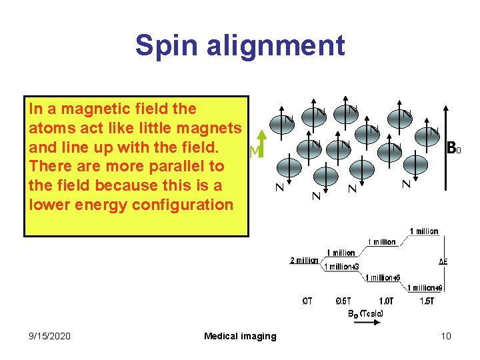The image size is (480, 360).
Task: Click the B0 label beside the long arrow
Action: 454,147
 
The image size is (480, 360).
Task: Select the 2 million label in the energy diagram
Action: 304,260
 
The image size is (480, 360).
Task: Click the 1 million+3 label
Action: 343,267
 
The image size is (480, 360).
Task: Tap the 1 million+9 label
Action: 423,288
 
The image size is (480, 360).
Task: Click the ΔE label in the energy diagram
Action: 443,261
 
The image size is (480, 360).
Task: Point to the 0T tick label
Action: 307,301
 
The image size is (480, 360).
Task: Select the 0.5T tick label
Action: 345,301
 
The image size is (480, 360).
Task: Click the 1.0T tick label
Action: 386,301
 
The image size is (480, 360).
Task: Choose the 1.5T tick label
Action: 427,301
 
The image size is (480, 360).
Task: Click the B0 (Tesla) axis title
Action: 365,313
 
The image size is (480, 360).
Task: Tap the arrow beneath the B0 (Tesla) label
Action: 365,322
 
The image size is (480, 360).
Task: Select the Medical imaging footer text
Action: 240,336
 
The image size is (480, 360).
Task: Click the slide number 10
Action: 446,336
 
